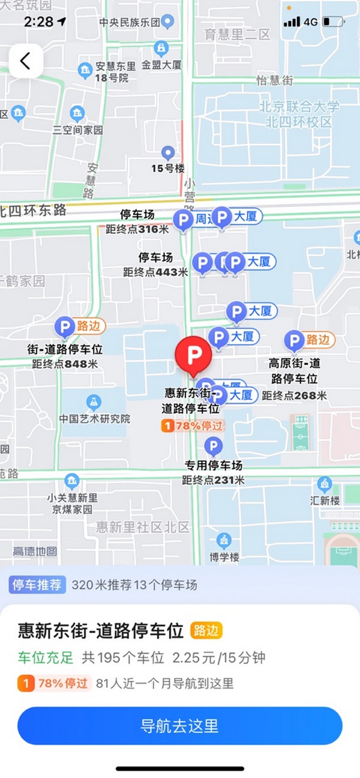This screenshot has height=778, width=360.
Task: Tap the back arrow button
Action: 25,61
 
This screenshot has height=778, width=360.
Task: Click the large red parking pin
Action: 193,356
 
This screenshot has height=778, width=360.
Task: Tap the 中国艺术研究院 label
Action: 95,419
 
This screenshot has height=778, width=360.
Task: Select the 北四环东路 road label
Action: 33,211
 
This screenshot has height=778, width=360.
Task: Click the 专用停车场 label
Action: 213,465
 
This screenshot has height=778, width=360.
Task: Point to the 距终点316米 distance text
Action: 137,229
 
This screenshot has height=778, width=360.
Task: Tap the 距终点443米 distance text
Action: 155,272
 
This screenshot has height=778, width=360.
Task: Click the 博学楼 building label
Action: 224,557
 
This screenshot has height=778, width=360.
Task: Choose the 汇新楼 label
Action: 325,500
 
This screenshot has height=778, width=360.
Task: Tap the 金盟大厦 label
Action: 161,65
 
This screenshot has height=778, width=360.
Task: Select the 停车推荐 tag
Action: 37,585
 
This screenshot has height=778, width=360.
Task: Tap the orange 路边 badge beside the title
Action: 206,630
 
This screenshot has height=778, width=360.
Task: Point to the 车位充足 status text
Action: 45,657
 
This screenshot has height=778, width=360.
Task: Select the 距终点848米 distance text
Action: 65,364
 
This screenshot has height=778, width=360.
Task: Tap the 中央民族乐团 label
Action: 130,22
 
